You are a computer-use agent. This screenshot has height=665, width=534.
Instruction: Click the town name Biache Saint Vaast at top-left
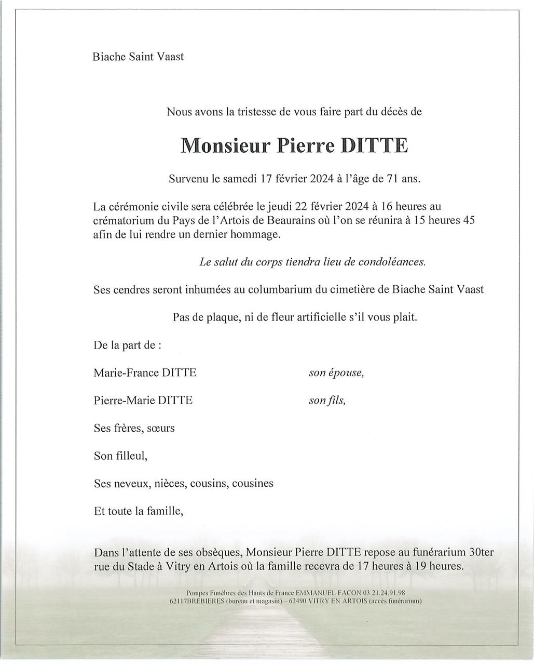click(x=138, y=57)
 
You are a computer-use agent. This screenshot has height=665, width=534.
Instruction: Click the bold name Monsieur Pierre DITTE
click(x=294, y=146)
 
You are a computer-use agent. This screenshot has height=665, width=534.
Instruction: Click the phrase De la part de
click(x=127, y=345)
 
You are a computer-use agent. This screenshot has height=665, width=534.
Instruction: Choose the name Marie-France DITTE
click(x=145, y=373)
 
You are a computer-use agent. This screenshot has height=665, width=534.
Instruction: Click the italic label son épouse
click(x=336, y=373)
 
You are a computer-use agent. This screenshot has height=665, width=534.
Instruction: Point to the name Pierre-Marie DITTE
click(x=143, y=400)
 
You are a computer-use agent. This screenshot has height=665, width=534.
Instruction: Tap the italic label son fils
click(x=327, y=400)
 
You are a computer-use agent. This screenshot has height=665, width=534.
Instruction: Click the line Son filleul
click(x=120, y=456)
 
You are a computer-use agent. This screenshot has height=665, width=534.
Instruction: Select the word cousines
click(x=253, y=483)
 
